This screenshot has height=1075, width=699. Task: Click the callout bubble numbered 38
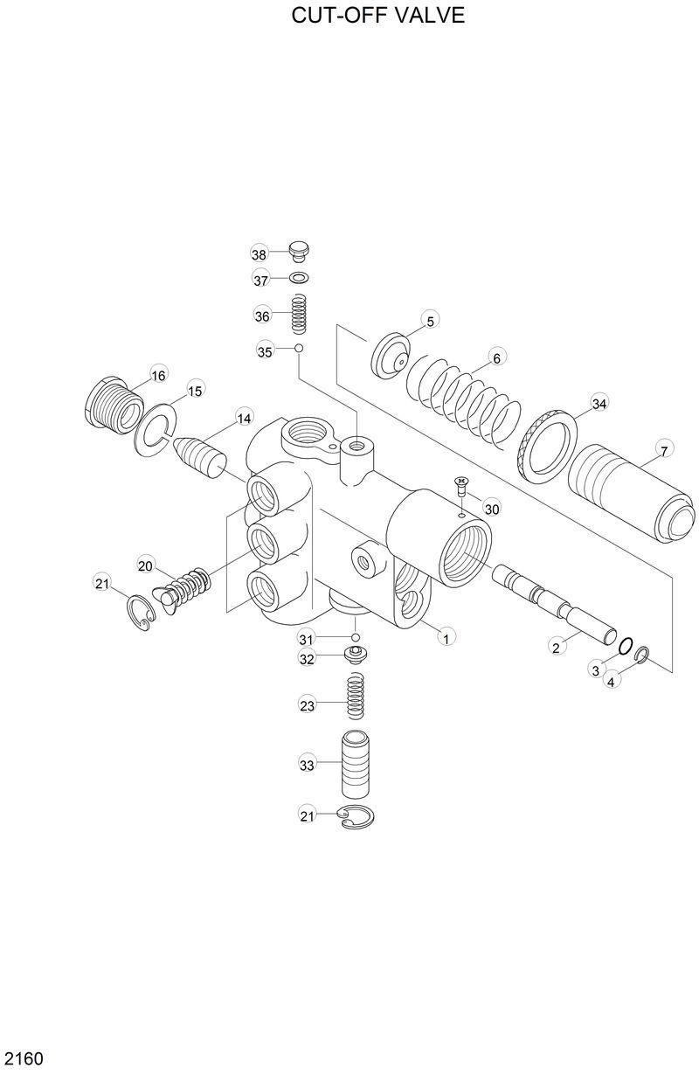click(259, 254)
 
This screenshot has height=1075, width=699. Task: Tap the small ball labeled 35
click(298, 348)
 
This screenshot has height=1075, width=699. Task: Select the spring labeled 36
click(299, 314)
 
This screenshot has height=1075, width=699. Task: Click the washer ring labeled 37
click(299, 279)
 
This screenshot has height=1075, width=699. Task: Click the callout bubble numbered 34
click(598, 404)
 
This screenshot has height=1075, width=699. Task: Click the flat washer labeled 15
click(154, 428)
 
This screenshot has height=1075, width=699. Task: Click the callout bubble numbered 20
click(145, 565)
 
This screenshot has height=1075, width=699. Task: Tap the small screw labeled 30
click(461, 486)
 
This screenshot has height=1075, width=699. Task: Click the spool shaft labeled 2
click(552, 602)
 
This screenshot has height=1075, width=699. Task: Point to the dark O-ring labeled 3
click(625, 646)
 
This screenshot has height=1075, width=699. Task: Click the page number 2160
click(23, 1058)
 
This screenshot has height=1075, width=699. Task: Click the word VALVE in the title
click(433, 16)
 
